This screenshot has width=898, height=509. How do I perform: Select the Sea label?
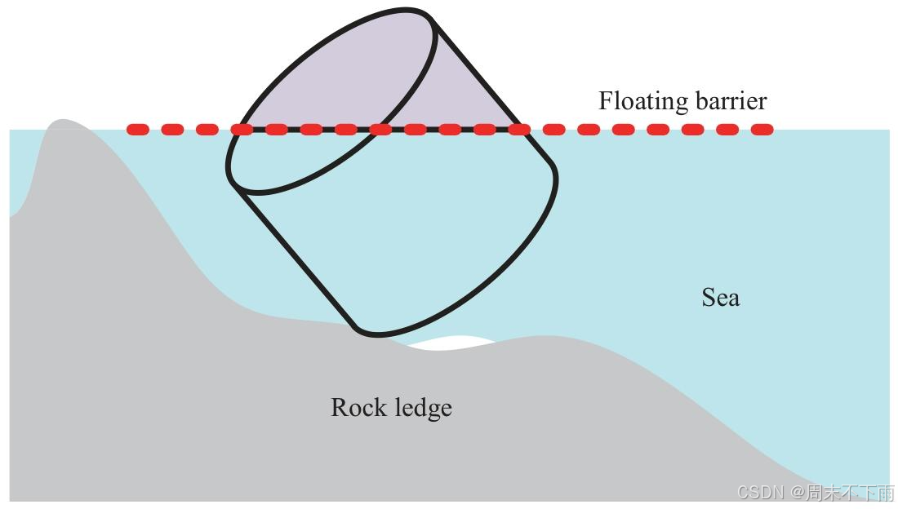tap(721, 298)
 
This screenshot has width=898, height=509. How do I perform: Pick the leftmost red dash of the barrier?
tap(137, 129)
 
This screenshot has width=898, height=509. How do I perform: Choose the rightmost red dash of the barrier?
tap(761, 129)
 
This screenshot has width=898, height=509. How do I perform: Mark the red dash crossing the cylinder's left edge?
tap(242, 129)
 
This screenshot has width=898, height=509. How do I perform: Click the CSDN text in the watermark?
tap(757, 492)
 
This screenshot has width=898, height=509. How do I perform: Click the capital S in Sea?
tap(708, 298)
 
